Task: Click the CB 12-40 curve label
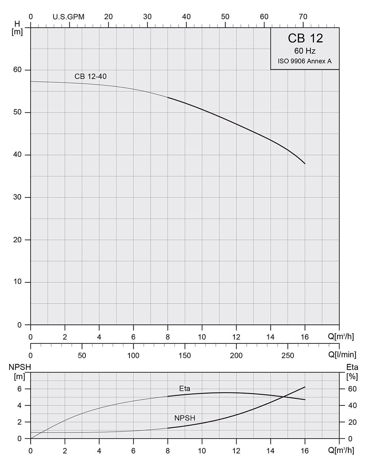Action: (90, 77)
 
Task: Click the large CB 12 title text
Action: (305, 38)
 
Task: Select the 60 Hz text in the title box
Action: (305, 51)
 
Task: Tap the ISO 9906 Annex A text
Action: (305, 61)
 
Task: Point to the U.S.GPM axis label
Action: (68, 17)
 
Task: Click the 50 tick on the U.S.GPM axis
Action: (225, 17)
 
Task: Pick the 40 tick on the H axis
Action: (17, 155)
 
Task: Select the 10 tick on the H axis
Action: (17, 282)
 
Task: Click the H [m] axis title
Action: (17, 28)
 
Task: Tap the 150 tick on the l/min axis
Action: (185, 356)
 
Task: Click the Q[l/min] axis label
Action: (342, 355)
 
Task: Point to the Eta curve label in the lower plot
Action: (185, 388)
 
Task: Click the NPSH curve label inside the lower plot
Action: (185, 418)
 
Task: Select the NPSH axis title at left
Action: (20, 367)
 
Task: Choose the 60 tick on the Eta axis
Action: (352, 389)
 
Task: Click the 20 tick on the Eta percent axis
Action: (352, 422)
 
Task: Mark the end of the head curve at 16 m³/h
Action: (305, 164)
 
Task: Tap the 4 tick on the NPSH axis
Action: (19, 405)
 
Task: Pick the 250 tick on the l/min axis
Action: (288, 356)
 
